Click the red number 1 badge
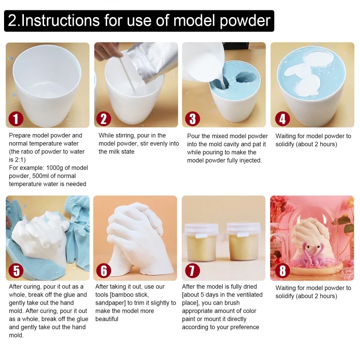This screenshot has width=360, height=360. (16, 119)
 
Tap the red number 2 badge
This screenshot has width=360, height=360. (104, 119)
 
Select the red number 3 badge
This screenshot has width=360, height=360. (193, 119)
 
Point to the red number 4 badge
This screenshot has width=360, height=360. (282, 119)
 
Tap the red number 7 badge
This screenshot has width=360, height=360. (193, 270)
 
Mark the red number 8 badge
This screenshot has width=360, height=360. (282, 270)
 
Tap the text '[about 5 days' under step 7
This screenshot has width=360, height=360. (202, 295)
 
